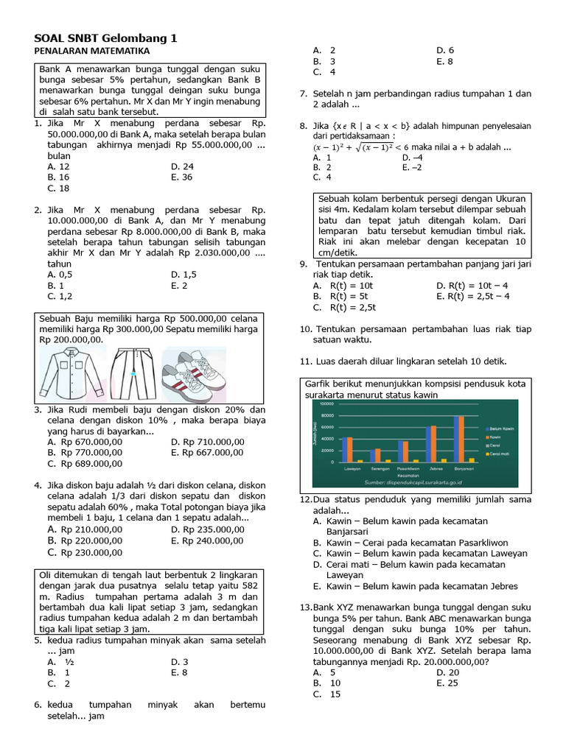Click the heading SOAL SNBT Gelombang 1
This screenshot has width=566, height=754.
coord(106,38)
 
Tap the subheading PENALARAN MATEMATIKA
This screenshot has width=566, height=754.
coord(92,52)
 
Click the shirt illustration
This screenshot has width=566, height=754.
coord(70,373)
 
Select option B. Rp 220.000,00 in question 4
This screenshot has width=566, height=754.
coord(84,540)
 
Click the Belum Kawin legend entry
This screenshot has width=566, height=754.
coord(500,428)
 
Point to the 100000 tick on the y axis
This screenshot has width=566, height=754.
coord(326,404)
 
